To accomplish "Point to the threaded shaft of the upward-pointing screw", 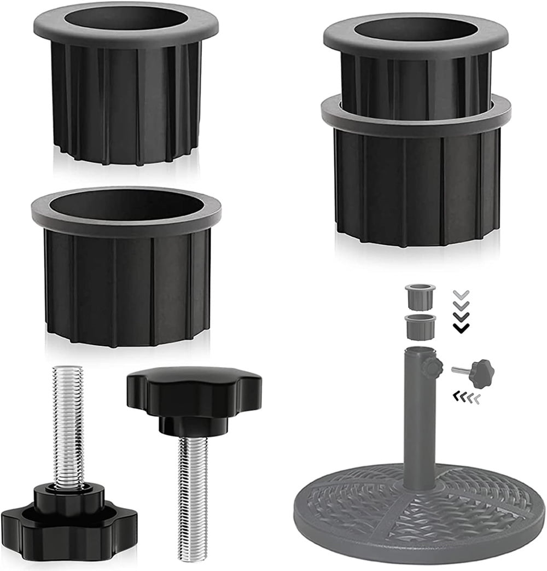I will pos(68,421).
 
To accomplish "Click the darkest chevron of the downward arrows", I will pos(462,328).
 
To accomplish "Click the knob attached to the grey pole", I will pos(433,366).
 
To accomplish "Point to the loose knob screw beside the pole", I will pos(476,372).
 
